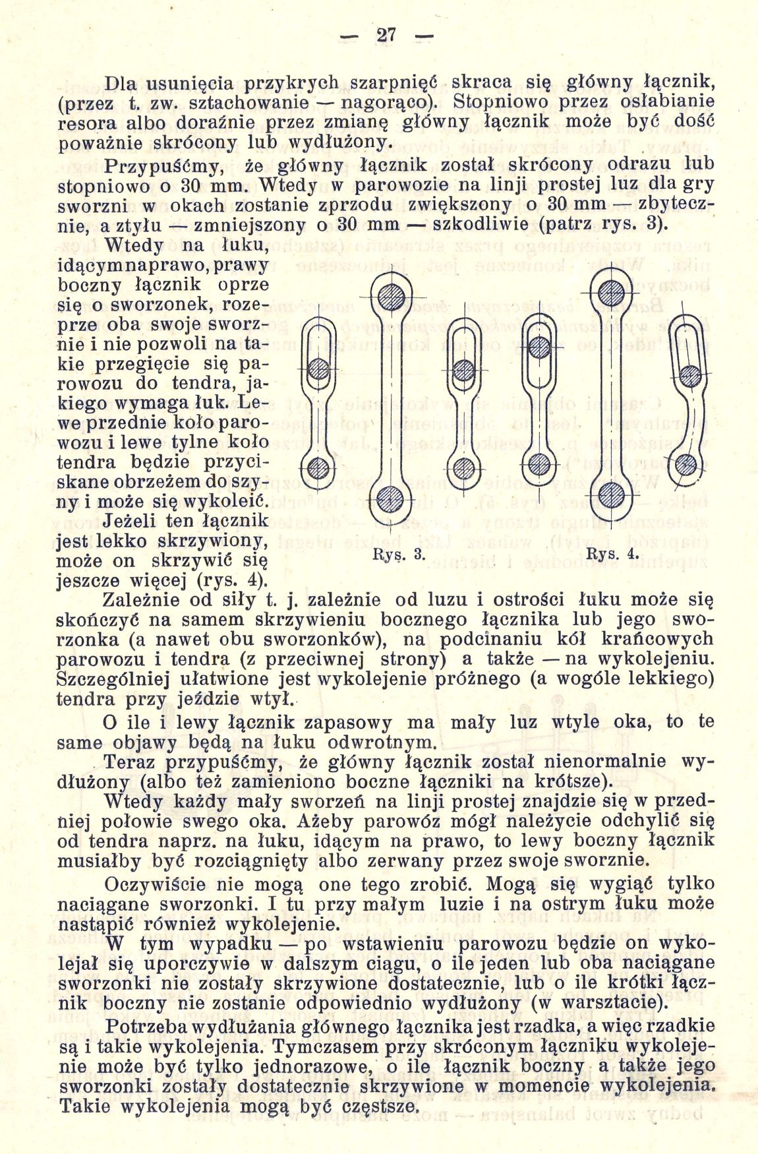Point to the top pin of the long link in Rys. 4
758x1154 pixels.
click(612, 289)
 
